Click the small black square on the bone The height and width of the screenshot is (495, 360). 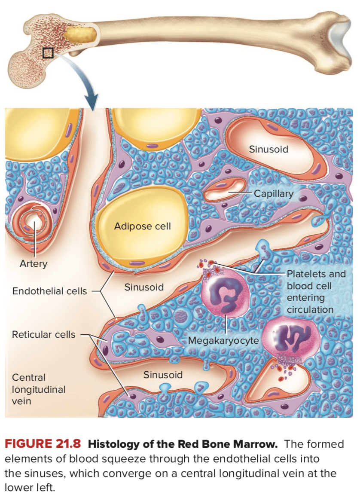tap(48, 53)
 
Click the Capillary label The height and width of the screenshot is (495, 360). tap(274, 193)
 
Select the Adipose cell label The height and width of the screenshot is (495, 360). tap(142, 226)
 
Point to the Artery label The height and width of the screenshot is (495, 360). tap(33, 263)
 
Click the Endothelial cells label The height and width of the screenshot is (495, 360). tap(49, 291)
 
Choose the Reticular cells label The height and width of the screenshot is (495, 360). tap(43, 334)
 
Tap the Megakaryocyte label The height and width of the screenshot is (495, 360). tap(223, 341)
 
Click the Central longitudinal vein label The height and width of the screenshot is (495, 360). tap(39, 389)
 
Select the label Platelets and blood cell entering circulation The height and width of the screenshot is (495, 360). tap(316, 291)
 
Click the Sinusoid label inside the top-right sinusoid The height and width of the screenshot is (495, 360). tap(268, 149)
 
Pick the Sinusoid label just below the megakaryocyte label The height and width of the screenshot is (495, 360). tap(163, 375)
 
